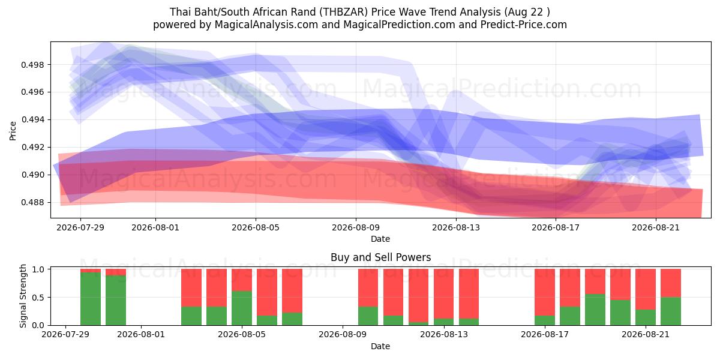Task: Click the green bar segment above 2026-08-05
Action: click(242, 308)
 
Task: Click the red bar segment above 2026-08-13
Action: click(443, 293)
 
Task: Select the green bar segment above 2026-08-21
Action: click(646, 317)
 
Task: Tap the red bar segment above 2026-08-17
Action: click(545, 292)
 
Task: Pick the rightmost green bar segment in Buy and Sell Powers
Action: click(671, 311)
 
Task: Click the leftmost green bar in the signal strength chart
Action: click(91, 299)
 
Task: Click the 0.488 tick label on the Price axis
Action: click(32, 203)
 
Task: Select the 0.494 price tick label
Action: click(32, 120)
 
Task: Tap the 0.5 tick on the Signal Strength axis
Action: click(38, 298)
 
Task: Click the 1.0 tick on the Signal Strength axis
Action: click(38, 269)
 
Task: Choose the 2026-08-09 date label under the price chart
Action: click(356, 227)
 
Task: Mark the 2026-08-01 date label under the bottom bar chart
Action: click(141, 334)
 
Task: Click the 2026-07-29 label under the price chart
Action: click(80, 227)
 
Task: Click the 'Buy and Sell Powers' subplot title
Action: click(380, 257)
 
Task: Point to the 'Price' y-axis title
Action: click(13, 131)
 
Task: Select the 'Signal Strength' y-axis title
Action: click(23, 296)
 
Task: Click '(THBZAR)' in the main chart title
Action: click(344, 12)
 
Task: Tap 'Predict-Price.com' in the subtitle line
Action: click(524, 25)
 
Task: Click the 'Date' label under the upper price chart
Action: click(380, 239)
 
